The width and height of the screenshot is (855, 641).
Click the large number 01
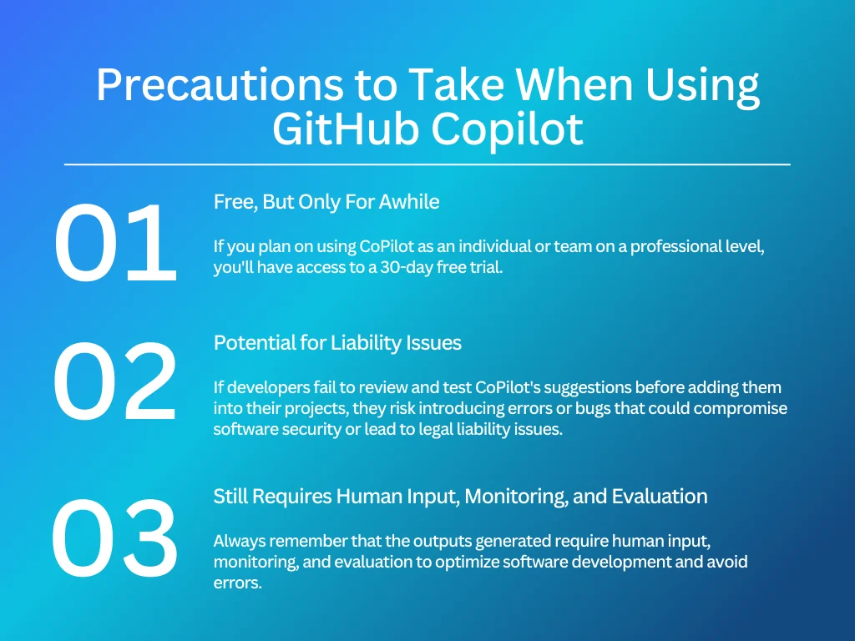[x=115, y=243]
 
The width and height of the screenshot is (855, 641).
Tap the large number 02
[x=115, y=381]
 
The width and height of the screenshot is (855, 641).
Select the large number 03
[x=114, y=538]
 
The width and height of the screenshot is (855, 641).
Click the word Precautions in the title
[x=220, y=85]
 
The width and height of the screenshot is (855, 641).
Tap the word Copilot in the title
[x=507, y=132]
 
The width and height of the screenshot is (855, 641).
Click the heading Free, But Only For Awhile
[x=326, y=202]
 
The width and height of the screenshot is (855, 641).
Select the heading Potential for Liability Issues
[x=337, y=343]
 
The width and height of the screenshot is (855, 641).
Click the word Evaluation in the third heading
[x=660, y=496]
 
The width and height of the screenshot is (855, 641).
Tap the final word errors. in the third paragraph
[x=238, y=583]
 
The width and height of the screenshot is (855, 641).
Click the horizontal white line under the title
[x=427, y=164]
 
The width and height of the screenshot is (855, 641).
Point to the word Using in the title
[x=702, y=87]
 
